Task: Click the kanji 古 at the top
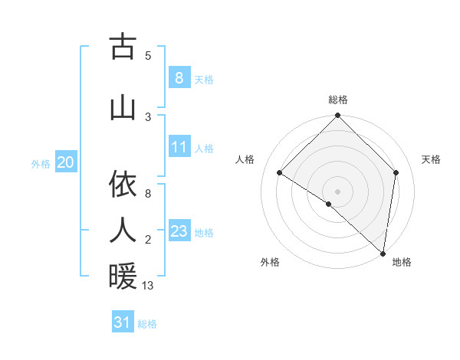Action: coord(123,47)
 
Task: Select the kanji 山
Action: coord(123,107)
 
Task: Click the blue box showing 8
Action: coord(179,77)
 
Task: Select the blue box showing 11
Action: coord(179,146)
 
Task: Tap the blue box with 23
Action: coord(179,231)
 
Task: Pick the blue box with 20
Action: coord(66,162)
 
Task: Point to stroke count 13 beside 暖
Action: coord(148,286)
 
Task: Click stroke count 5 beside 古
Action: coord(148,55)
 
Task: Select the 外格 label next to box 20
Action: coord(41,163)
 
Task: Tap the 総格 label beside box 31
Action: coord(147,324)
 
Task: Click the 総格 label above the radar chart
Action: coord(338,100)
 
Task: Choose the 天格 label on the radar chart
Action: coord(431,159)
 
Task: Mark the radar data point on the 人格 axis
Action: coord(280,173)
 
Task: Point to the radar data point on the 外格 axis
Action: coord(329,204)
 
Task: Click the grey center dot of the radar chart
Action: coord(338,191)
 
